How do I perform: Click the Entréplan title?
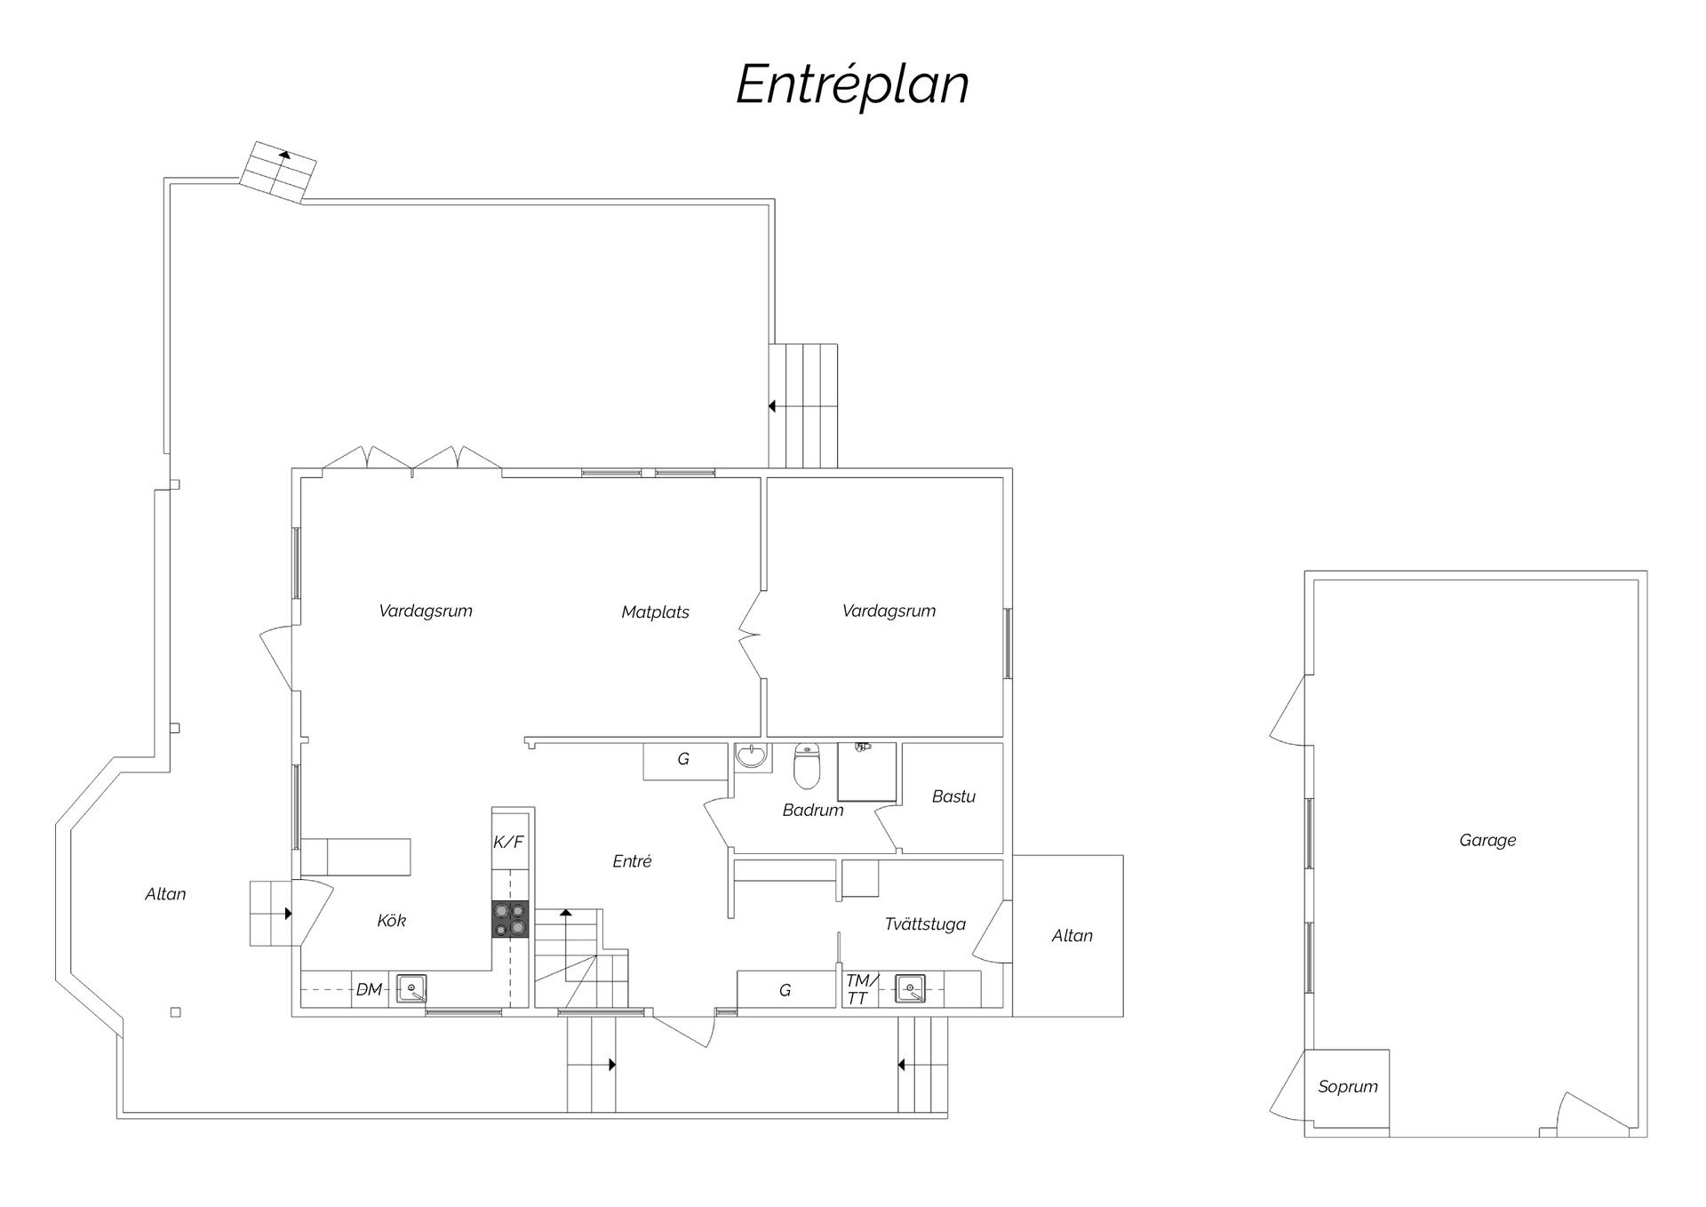pyautogui.click(x=852, y=85)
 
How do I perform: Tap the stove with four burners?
pyautogui.click(x=510, y=919)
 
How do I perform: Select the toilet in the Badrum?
pyautogui.click(x=807, y=765)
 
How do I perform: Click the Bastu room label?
pyautogui.click(x=953, y=796)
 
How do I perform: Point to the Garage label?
pyautogui.click(x=1487, y=840)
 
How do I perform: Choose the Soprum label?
pyautogui.click(x=1348, y=1086)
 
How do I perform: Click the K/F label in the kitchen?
pyautogui.click(x=508, y=841)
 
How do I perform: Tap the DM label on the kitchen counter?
pyautogui.click(x=369, y=989)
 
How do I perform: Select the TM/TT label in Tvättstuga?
pyautogui.click(x=860, y=989)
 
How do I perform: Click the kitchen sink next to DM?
pyautogui.click(x=411, y=989)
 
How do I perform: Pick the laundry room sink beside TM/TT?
pyautogui.click(x=910, y=988)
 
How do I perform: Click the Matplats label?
pyautogui.click(x=655, y=611)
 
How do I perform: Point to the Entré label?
pyautogui.click(x=632, y=860)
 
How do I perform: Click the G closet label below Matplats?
pyautogui.click(x=683, y=759)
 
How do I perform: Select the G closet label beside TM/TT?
pyautogui.click(x=785, y=990)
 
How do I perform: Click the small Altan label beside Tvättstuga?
pyautogui.click(x=1072, y=935)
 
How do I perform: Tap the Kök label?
pyautogui.click(x=391, y=920)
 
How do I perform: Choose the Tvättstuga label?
pyautogui.click(x=925, y=924)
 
